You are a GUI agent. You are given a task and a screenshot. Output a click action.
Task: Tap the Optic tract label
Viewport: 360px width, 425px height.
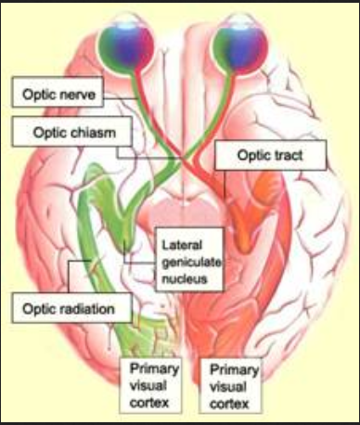click(x=271, y=156)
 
